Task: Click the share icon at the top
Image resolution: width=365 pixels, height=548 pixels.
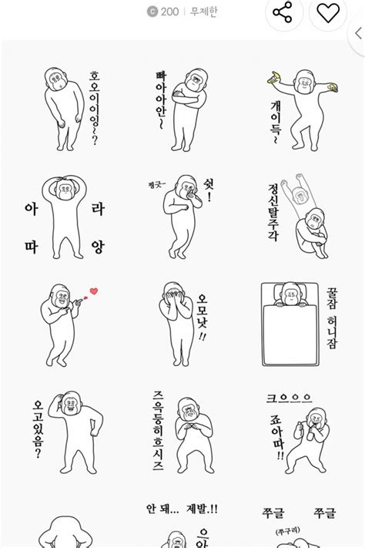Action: pyautogui.click(x=283, y=13)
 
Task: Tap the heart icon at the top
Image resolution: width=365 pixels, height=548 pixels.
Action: pyautogui.click(x=329, y=13)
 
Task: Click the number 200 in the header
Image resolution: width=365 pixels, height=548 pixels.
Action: pyautogui.click(x=169, y=12)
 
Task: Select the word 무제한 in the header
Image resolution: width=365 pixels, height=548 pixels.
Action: pyautogui.click(x=203, y=12)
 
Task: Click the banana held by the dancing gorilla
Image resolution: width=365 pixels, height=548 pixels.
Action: pyautogui.click(x=273, y=76)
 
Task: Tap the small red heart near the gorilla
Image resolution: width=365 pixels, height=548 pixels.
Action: pyautogui.click(x=94, y=291)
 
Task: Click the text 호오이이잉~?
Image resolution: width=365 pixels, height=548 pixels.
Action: pyautogui.click(x=95, y=108)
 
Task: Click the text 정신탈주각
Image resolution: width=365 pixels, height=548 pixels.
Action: pyautogui.click(x=273, y=211)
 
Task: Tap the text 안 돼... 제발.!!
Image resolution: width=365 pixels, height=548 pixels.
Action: pyautogui.click(x=182, y=509)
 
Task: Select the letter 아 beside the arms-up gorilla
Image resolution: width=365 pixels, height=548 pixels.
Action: pyautogui.click(x=32, y=208)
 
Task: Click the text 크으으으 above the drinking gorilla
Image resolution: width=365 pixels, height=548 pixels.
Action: pyautogui.click(x=289, y=398)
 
